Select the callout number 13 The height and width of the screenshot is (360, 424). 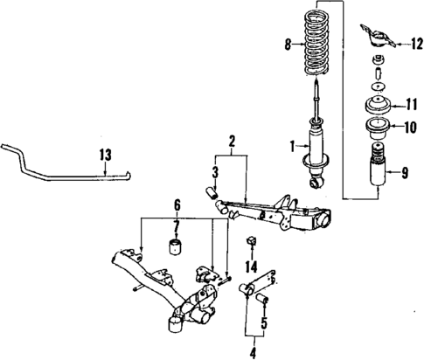click(105, 155)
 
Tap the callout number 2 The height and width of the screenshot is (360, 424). click(231, 141)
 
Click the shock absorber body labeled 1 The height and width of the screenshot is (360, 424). click(313, 144)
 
